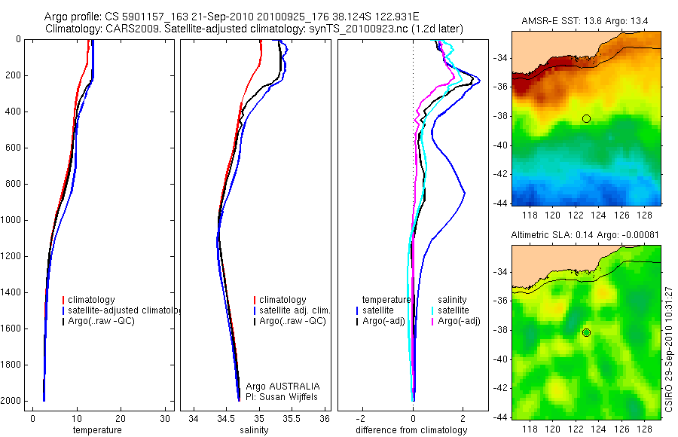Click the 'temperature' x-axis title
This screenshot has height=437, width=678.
96,430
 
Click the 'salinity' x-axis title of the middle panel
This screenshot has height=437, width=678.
255,430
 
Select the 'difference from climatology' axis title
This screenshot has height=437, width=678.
413,430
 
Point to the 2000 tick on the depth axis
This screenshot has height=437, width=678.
13,401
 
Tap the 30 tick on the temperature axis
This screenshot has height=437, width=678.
166,418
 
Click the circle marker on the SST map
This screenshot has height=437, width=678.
586,118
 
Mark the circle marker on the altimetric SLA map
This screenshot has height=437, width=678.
586,332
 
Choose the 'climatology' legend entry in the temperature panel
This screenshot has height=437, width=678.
95,300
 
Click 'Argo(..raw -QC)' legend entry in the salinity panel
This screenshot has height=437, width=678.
292,321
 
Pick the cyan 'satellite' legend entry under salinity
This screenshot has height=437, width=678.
454,310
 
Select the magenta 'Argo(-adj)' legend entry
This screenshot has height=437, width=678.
459,321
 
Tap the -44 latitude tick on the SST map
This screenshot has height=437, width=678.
501,204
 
